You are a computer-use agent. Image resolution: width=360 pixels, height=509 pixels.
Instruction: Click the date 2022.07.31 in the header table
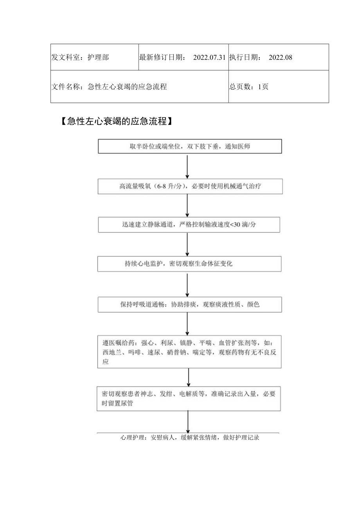[209, 58]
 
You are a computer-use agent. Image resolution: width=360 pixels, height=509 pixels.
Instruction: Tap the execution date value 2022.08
[281, 58]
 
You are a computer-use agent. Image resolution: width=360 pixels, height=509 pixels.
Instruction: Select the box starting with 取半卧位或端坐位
[190, 147]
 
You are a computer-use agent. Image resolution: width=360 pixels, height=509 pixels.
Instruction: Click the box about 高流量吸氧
[190, 186]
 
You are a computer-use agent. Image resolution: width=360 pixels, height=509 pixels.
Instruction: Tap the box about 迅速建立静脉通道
[189, 225]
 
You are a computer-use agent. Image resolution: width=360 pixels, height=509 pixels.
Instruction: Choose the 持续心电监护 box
[189, 264]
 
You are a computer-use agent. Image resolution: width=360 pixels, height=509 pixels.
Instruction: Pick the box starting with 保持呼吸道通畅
[190, 304]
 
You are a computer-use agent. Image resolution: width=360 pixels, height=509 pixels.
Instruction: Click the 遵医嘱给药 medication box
[189, 351]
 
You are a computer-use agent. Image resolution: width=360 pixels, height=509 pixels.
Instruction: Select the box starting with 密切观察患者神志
[189, 398]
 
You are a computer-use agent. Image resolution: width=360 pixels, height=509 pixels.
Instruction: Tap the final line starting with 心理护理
[190, 438]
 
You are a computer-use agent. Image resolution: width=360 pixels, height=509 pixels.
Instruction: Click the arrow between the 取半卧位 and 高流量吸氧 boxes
[187, 166]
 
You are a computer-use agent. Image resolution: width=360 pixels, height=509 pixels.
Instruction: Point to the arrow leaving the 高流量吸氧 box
[187, 205]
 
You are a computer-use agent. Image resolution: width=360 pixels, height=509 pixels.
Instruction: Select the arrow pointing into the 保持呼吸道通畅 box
[187, 285]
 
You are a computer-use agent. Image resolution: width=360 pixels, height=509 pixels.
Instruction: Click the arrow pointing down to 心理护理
[188, 421]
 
